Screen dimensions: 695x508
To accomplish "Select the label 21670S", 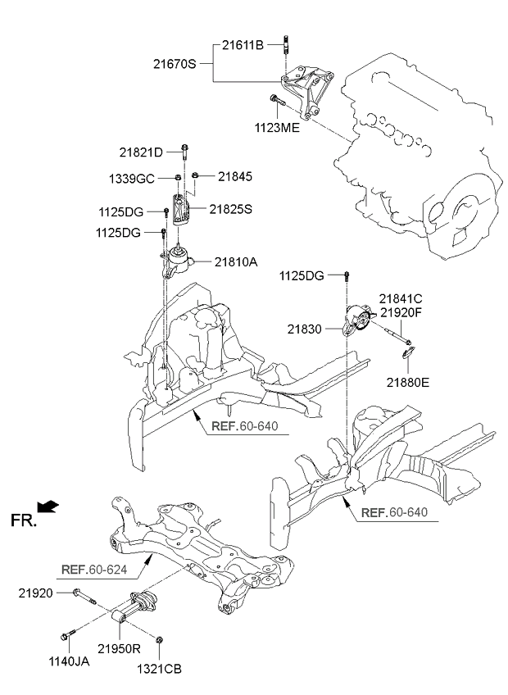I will [x=175, y=63].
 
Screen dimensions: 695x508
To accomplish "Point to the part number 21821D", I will [x=141, y=152].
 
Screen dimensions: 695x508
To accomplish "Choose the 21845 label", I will [x=235, y=175].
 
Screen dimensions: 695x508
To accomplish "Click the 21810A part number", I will [x=236, y=262].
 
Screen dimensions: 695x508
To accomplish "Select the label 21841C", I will [x=399, y=300].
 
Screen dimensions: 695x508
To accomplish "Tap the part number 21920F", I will [x=399, y=313].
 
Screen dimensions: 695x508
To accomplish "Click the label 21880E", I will [x=408, y=381].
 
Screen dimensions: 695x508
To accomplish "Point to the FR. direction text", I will [x=25, y=519].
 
